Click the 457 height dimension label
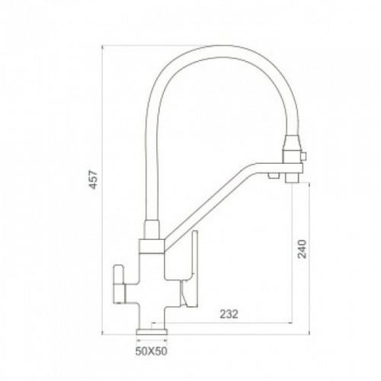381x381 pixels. [94, 180]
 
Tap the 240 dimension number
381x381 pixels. [302, 249]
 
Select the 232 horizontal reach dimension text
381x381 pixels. [229, 314]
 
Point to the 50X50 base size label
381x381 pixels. [152, 351]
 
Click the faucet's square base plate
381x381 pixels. [152, 331]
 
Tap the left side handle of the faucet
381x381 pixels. [120, 284]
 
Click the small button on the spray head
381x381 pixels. [303, 156]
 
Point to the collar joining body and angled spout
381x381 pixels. [152, 246]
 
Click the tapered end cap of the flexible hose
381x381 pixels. [292, 142]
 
